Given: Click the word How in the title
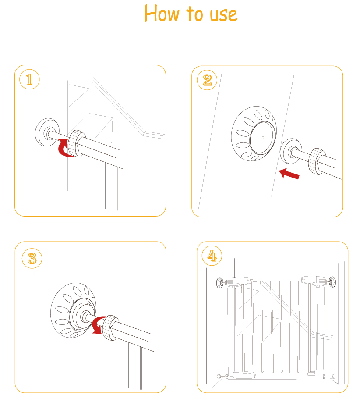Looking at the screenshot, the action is [162, 14].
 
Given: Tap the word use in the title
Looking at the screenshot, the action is [223, 15].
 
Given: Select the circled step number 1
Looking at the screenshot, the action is [29, 79].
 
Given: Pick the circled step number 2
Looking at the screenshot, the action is [207, 80].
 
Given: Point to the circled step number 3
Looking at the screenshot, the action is [32, 259].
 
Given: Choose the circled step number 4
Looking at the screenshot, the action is [212, 256].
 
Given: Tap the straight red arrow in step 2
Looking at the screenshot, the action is [289, 173].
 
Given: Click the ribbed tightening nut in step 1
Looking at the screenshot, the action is [76, 143].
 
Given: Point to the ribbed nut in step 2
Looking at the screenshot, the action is [317, 161].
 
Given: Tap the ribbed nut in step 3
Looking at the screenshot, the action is [110, 328].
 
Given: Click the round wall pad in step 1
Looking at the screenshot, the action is [47, 132].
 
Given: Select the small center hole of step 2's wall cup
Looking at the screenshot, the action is [263, 138].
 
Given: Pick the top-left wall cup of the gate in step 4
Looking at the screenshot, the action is [220, 283].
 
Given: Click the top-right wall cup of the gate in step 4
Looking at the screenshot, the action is [332, 282].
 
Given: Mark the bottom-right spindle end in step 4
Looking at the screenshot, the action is [333, 376].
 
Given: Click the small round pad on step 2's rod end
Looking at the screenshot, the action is [291, 151].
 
